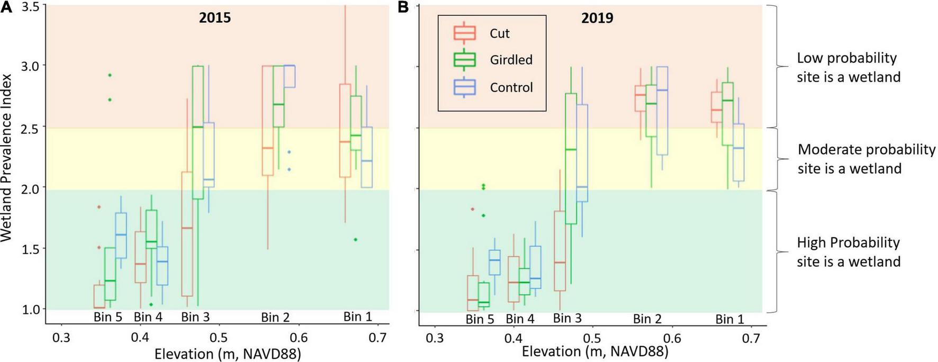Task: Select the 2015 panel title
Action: tap(215, 18)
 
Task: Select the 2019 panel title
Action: tap(597, 18)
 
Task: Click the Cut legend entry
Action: tap(499, 33)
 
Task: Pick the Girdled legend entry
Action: tap(511, 60)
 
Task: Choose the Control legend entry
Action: tap(511, 87)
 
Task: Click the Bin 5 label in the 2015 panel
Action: tap(108, 317)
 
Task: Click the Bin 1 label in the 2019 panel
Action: tap(729, 319)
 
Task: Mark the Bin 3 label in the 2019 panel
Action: tap(567, 318)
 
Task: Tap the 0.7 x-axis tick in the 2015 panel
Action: tap(377, 338)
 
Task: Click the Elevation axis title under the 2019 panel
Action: tap(595, 351)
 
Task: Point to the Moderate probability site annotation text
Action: tap(866, 159)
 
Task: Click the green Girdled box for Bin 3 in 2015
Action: tap(198, 132)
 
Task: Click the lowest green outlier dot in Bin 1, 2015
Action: tap(356, 240)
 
